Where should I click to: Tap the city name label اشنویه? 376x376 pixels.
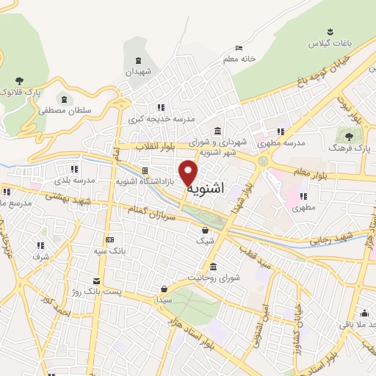205,189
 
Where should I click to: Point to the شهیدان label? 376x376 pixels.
137,73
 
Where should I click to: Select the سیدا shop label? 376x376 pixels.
163,300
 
